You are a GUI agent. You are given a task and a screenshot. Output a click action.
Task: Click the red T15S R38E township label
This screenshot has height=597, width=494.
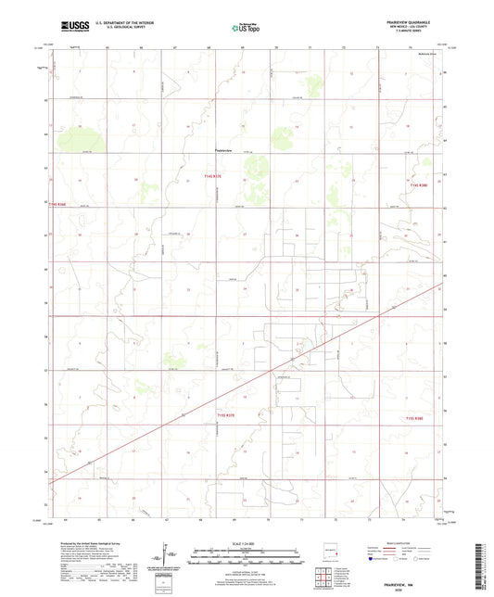[x=419, y=418]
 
